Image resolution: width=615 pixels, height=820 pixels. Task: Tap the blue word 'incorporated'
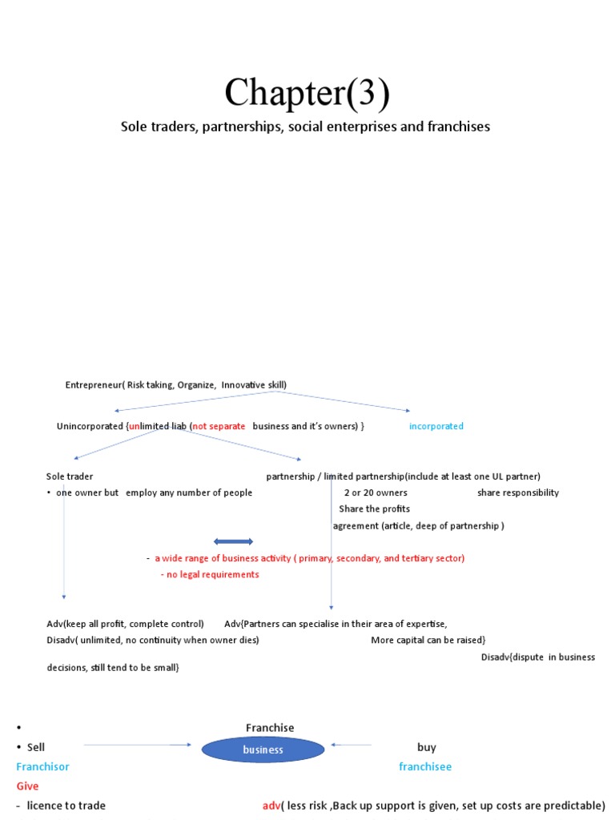436,426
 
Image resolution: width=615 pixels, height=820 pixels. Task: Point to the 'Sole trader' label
70,476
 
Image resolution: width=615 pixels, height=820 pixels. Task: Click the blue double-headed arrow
233,541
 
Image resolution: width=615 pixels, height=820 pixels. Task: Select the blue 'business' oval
263,750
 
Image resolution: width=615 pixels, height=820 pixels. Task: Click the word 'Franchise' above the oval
270,728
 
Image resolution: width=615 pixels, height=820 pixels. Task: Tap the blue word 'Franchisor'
42,766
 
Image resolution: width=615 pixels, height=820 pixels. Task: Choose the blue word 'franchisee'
425,766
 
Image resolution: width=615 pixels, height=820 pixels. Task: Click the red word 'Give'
27,786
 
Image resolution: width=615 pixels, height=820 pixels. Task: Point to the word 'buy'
427,747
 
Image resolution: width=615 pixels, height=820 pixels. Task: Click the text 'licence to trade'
66,805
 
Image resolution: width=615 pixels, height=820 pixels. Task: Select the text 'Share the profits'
374,509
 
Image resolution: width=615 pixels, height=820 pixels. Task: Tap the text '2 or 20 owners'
376,492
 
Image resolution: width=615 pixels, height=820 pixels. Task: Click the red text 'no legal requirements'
210,574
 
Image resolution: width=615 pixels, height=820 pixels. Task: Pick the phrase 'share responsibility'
518,492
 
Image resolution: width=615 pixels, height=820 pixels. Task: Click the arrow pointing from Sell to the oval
138,745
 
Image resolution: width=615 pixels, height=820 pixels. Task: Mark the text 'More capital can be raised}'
428,640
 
